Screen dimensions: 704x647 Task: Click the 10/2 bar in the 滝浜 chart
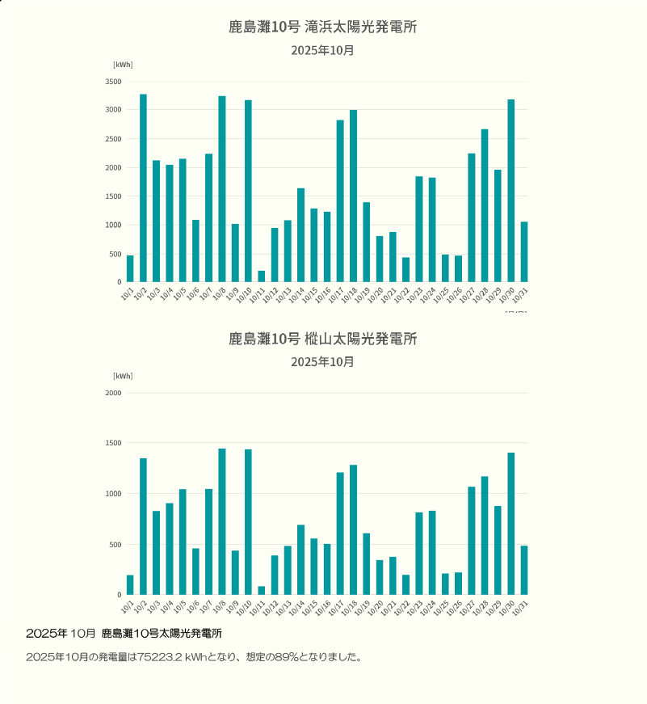pyautogui.click(x=143, y=188)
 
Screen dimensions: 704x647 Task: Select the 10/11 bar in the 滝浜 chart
pyautogui.click(x=262, y=276)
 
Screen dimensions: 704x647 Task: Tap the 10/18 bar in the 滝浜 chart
pyautogui.click(x=354, y=196)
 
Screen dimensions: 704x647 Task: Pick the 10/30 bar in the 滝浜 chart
pyautogui.click(x=511, y=191)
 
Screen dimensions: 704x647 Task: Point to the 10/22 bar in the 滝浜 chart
pyautogui.click(x=406, y=270)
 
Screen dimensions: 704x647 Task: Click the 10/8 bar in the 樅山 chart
pyautogui.click(x=222, y=521)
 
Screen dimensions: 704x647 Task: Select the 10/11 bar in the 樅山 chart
pyautogui.click(x=262, y=590)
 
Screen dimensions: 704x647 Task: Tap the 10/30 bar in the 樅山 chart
pyautogui.click(x=511, y=524)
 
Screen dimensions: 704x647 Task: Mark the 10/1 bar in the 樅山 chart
pyautogui.click(x=130, y=585)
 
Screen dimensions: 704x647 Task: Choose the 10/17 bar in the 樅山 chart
pyautogui.click(x=340, y=533)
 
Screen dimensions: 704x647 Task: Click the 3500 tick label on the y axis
pyautogui.click(x=113, y=82)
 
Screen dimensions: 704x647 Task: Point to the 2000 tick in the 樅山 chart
pyautogui.click(x=113, y=393)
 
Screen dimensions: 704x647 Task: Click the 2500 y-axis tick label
pyautogui.click(x=113, y=139)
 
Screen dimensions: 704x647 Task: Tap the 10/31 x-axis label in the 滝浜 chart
pyautogui.click(x=523, y=293)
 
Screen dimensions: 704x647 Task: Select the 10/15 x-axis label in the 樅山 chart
pyautogui.click(x=313, y=605)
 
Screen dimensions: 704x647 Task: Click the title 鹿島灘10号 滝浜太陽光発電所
pyautogui.click(x=322, y=27)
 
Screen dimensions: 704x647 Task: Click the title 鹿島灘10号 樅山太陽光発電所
pyautogui.click(x=322, y=339)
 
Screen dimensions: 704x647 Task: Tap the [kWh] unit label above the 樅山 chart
pyautogui.click(x=123, y=376)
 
